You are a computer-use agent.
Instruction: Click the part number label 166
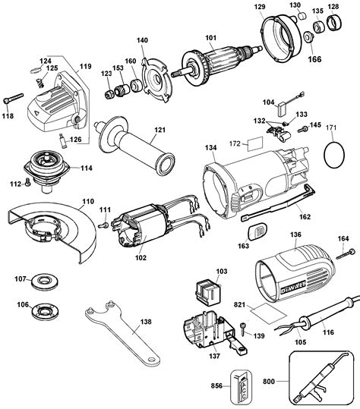[315, 59]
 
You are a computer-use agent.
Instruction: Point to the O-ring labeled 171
[334, 155]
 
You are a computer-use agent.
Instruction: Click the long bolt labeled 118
[13, 98]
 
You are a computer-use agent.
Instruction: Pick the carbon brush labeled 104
[283, 109]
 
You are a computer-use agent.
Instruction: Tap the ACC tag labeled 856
[241, 385]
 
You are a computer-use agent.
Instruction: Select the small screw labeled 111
[103, 225]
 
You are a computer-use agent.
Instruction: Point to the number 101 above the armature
[210, 38]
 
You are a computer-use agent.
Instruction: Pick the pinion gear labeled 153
[123, 90]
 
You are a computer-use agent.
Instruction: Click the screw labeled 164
[346, 254]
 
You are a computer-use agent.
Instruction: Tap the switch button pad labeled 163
[257, 231]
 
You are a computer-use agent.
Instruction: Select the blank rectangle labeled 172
[254, 144]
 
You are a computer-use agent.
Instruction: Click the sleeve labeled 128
[334, 24]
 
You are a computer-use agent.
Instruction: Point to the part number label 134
[210, 148]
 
